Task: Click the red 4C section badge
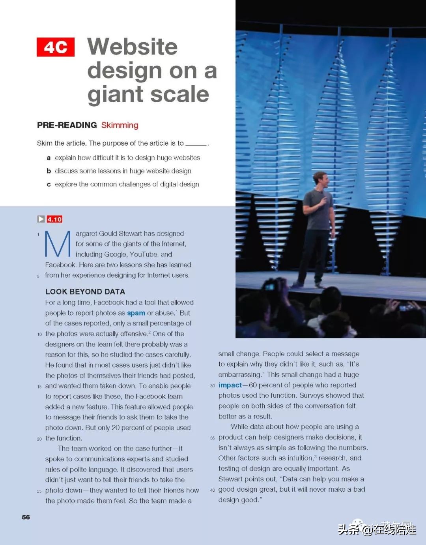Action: tap(56, 47)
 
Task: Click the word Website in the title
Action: tap(133, 47)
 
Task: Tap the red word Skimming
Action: tap(120, 125)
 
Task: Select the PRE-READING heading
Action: tap(67, 125)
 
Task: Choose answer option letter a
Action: tap(49, 158)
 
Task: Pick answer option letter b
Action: tap(49, 171)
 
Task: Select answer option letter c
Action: tap(49, 184)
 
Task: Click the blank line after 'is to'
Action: tap(196, 145)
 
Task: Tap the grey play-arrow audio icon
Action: tap(41, 219)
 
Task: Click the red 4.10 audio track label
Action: tap(54, 219)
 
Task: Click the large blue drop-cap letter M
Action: tap(58, 244)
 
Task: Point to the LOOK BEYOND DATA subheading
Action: tap(85, 292)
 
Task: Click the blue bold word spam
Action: tap(136, 313)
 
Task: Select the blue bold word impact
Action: tap(230, 385)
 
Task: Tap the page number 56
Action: tap(26, 517)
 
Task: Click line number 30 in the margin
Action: tap(213, 386)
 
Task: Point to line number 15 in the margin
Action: tap(39, 387)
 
